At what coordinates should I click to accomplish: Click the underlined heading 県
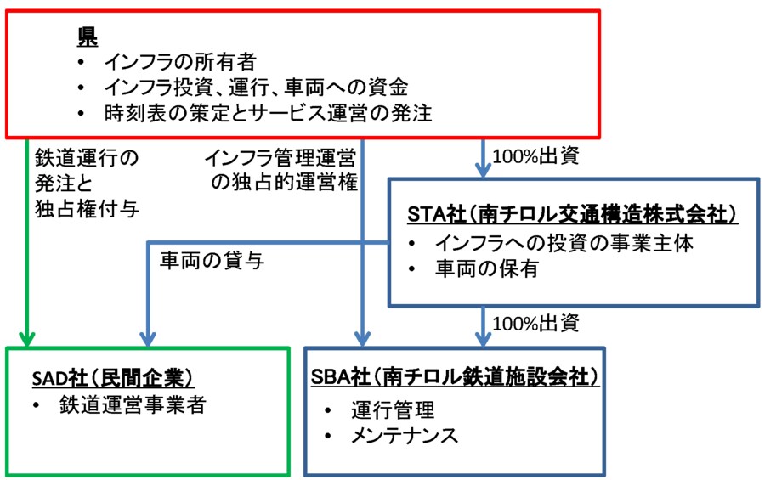(88, 37)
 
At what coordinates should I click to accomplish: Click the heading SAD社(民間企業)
(113, 376)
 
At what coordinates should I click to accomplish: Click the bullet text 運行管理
(393, 410)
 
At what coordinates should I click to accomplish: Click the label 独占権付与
(86, 208)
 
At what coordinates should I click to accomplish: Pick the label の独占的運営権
(287, 182)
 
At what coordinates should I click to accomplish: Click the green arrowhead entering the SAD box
(29, 338)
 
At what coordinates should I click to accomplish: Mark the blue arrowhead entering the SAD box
(150, 338)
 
